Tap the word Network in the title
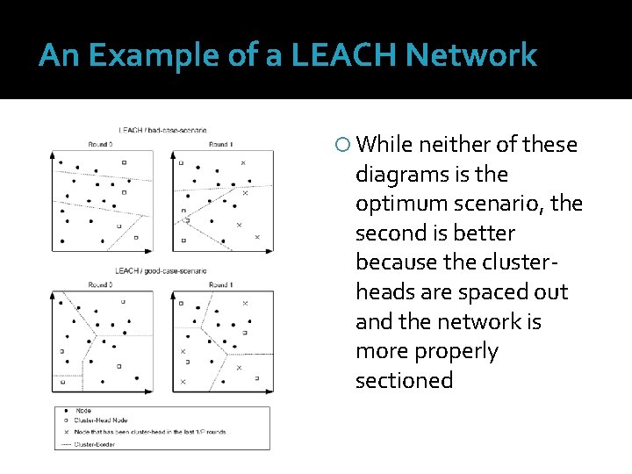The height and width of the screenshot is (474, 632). [480, 56]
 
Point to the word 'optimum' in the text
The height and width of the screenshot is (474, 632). [399, 204]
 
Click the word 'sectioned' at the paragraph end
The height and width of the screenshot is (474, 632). [404, 380]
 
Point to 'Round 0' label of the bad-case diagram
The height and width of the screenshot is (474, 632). [100, 144]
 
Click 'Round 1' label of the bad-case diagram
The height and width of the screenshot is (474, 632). [220, 144]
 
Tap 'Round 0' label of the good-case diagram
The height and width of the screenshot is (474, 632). [100, 285]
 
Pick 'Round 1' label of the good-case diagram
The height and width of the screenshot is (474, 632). [220, 285]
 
